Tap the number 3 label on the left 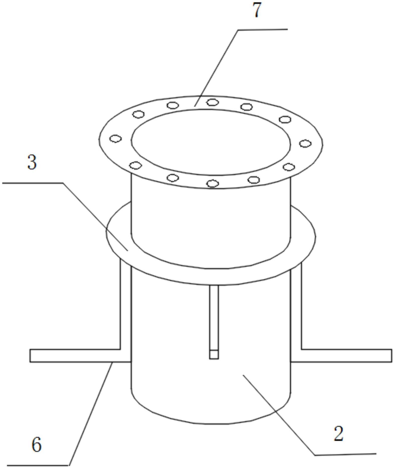pos(32,162)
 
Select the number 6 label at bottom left pos(37,445)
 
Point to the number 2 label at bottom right pos(339,434)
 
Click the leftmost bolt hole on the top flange pos(116,139)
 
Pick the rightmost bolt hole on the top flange pos(305,144)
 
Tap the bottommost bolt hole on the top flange pos(213,183)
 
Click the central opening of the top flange pos(211,142)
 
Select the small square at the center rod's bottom pos(214,355)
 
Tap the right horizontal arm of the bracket pos(341,356)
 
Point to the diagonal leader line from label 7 pos(216,68)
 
